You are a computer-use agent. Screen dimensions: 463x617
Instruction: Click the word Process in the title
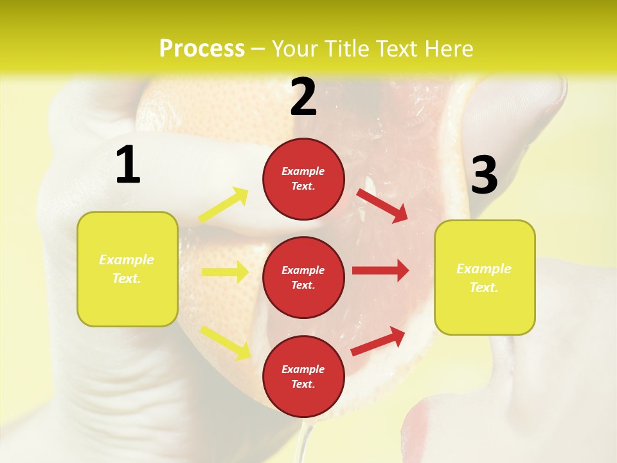(x=202, y=48)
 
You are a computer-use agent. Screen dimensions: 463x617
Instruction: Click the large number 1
(x=128, y=165)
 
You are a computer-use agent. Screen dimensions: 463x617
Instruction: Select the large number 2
(x=303, y=97)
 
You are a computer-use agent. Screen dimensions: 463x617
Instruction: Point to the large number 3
(x=484, y=175)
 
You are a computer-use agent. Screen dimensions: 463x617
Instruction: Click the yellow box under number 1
(x=127, y=269)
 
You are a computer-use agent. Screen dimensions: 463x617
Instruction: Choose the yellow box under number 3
(x=485, y=277)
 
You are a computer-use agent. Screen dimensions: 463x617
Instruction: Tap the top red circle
(x=303, y=179)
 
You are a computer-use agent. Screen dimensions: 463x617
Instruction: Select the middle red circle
(x=303, y=277)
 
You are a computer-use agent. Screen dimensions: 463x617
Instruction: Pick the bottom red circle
(x=303, y=376)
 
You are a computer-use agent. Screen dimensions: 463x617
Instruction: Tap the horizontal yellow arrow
(x=225, y=272)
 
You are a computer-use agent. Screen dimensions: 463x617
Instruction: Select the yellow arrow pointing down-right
(x=225, y=342)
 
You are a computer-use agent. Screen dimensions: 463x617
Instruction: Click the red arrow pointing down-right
(x=382, y=204)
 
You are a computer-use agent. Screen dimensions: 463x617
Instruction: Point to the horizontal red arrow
(x=380, y=271)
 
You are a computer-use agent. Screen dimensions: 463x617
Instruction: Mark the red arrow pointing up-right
(x=378, y=341)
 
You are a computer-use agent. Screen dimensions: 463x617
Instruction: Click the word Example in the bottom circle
(x=303, y=369)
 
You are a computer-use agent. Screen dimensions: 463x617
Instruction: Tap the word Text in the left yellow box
(x=126, y=279)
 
